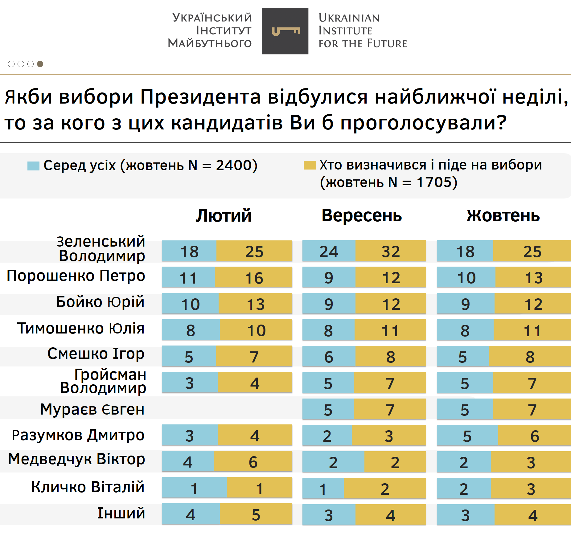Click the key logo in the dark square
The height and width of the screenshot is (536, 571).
[285, 31]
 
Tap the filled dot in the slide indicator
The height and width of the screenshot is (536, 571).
[40, 64]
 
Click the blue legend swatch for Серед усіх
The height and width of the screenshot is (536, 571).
[33, 166]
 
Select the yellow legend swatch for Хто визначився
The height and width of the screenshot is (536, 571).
[310, 165]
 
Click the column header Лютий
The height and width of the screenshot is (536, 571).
[224, 215]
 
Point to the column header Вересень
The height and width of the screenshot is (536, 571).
[362, 215]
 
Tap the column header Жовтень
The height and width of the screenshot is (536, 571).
[503, 215]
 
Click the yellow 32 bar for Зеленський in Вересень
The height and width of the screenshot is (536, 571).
[391, 251]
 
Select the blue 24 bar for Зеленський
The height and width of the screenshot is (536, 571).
[329, 251]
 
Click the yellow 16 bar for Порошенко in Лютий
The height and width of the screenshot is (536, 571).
[254, 277]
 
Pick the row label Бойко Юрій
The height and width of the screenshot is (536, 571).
[100, 302]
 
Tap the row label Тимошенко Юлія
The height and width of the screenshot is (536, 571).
[81, 328]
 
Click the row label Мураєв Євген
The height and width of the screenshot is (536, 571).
[92, 409]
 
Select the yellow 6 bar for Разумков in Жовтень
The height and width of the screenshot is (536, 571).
[534, 436]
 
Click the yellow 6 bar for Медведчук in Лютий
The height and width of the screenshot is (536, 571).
[253, 462]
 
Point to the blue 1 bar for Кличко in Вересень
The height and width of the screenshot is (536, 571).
[323, 489]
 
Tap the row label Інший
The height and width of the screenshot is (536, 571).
[121, 513]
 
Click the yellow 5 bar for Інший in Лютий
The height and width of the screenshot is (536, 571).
[256, 514]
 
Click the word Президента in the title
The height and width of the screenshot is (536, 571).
[200, 97]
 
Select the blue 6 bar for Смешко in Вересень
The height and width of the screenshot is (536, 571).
[329, 357]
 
